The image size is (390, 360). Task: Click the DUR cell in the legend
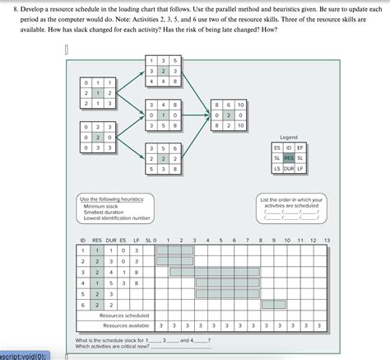[x=289, y=168]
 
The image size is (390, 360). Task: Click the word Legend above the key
[x=289, y=137]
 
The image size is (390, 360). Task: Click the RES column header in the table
[x=96, y=240]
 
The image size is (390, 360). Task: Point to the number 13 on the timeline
[x=327, y=240]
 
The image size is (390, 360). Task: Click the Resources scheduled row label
[x=124, y=315]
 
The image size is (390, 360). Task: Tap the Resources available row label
[x=124, y=325]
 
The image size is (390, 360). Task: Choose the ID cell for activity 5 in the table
[x=82, y=293]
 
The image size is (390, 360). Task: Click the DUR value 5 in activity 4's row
[x=110, y=283]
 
